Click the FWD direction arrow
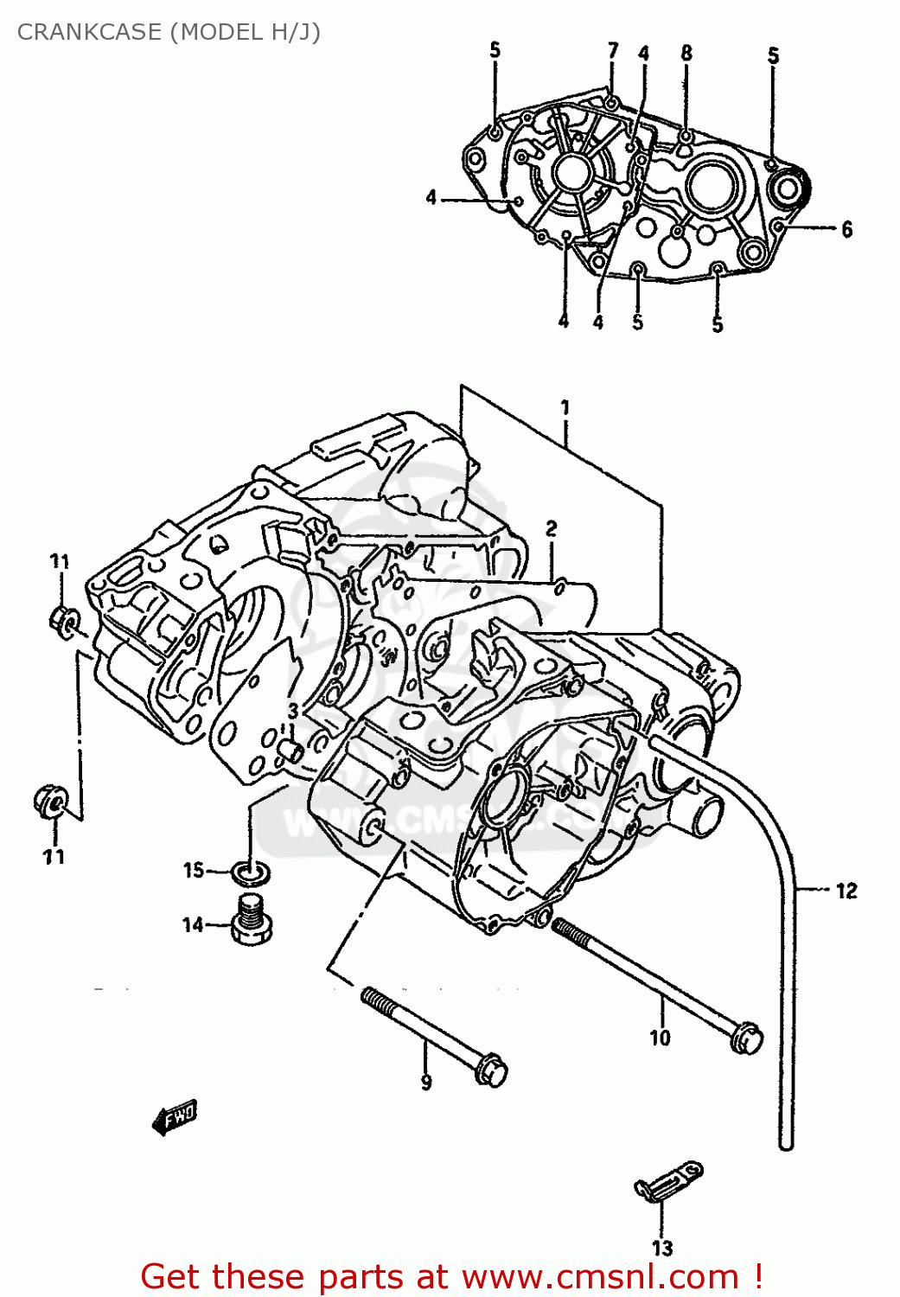click(175, 1117)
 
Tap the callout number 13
click(662, 1248)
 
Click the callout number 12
click(846, 891)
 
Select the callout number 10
click(660, 1037)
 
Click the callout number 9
click(426, 1082)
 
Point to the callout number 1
click(565, 406)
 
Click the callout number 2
click(551, 527)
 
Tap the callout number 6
click(846, 229)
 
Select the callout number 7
click(613, 50)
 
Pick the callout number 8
click(686, 53)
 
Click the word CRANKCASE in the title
click(89, 32)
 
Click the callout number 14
click(192, 925)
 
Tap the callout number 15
click(193, 870)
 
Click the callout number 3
click(293, 712)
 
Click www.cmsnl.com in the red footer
click(600, 1277)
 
